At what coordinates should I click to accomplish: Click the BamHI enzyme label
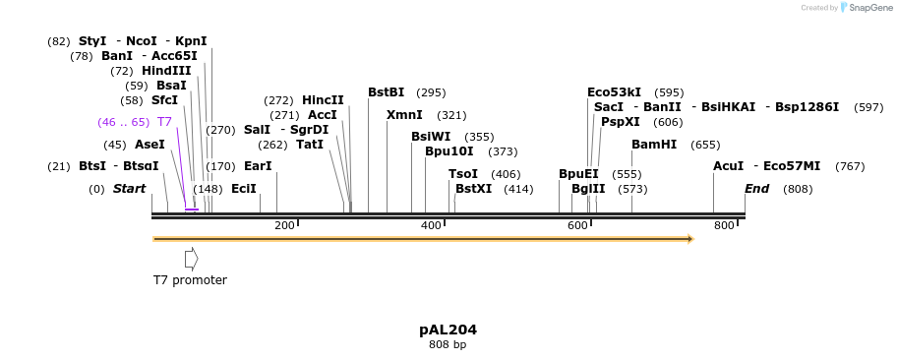coord(654,145)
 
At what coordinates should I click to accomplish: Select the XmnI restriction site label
coord(404,115)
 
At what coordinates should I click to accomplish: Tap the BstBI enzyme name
coord(386,92)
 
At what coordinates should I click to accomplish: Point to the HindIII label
coord(165,71)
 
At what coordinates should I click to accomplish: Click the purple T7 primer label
coord(164,122)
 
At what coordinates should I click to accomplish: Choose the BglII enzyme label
coord(588,188)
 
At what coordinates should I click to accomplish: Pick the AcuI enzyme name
coord(728,166)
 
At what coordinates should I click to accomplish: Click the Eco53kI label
coord(614,92)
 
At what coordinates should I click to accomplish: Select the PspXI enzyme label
coord(620,122)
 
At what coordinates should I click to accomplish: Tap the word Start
coord(129,188)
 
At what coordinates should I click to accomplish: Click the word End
coord(756,188)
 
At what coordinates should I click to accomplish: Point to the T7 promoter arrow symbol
coord(191,259)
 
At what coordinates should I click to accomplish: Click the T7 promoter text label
coord(190,280)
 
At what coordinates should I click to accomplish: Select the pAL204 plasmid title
coord(448,330)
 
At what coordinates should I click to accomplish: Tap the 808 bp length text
coord(448,345)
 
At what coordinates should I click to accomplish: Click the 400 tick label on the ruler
coord(431,226)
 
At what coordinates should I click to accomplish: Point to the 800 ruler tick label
coord(724,226)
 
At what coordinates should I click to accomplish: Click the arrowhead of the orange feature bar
coord(690,238)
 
